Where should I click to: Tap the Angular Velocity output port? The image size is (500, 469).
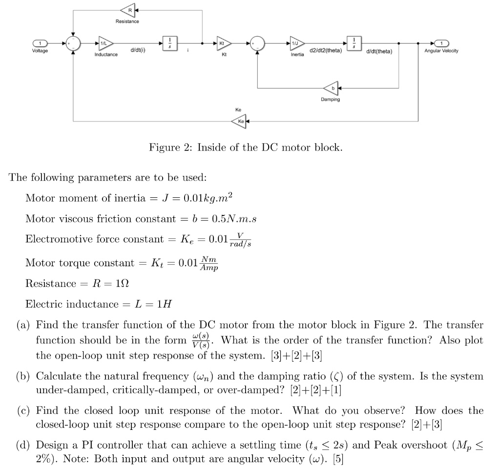point(441,43)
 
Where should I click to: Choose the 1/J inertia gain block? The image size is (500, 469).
point(296,44)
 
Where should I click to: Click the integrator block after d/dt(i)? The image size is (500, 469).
point(169,43)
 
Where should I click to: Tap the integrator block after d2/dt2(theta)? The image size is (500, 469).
point(354,43)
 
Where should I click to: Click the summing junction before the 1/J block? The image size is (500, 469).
point(257,44)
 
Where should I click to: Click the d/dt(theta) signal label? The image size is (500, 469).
point(382,51)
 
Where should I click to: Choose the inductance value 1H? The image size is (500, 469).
point(161,304)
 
